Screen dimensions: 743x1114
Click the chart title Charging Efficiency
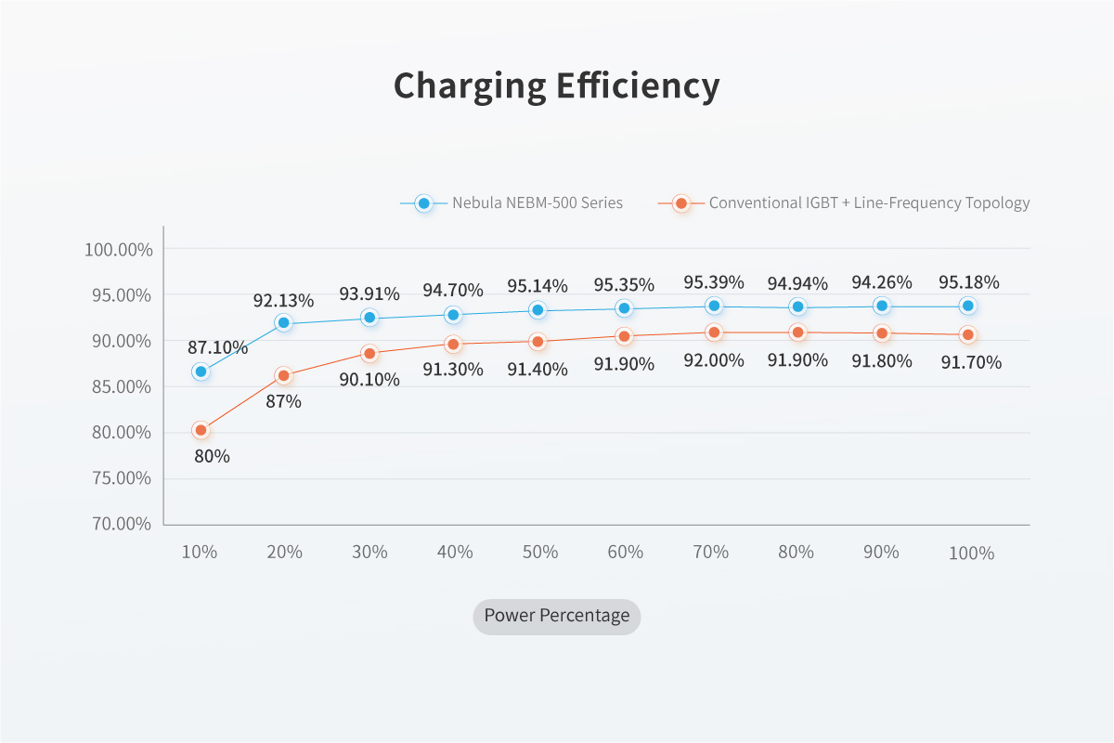click(556, 86)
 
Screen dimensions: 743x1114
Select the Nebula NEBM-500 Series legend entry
click(537, 202)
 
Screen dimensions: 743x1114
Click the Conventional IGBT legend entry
click(869, 202)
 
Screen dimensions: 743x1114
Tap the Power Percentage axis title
click(557, 616)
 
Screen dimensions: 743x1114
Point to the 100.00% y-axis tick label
click(118, 250)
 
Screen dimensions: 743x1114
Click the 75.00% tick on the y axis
click(118, 478)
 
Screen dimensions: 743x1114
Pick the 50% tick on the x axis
click(539, 552)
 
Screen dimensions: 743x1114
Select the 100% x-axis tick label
click(971, 554)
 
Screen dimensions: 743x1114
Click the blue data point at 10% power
click(200, 371)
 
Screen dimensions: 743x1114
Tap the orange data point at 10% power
click(200, 430)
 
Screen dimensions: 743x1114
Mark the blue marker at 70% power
click(714, 306)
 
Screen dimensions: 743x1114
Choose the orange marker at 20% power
click(283, 375)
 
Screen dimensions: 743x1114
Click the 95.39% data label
click(713, 282)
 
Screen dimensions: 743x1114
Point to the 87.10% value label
click(218, 348)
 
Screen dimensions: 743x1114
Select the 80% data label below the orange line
click(212, 457)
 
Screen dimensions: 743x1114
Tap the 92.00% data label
click(713, 360)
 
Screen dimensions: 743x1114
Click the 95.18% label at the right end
click(968, 282)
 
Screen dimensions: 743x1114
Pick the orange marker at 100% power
click(968, 334)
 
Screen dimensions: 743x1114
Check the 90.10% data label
click(369, 380)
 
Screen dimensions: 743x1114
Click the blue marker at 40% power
click(453, 315)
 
